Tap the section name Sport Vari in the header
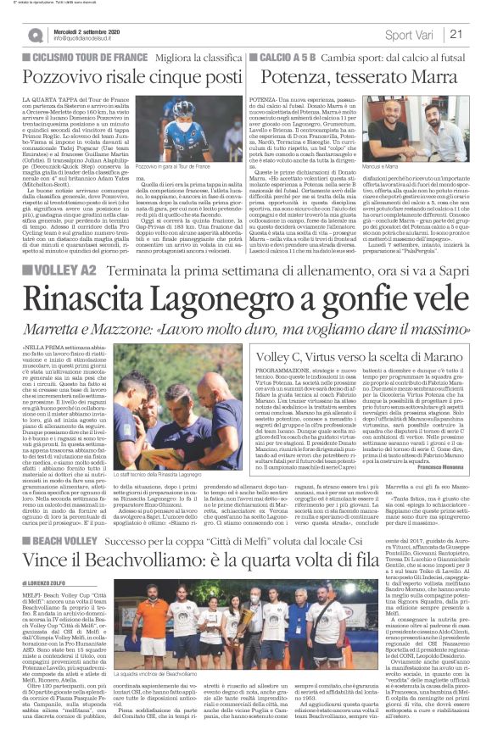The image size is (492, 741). click(x=411, y=35)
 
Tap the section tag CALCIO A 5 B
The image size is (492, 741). click(x=292, y=57)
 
